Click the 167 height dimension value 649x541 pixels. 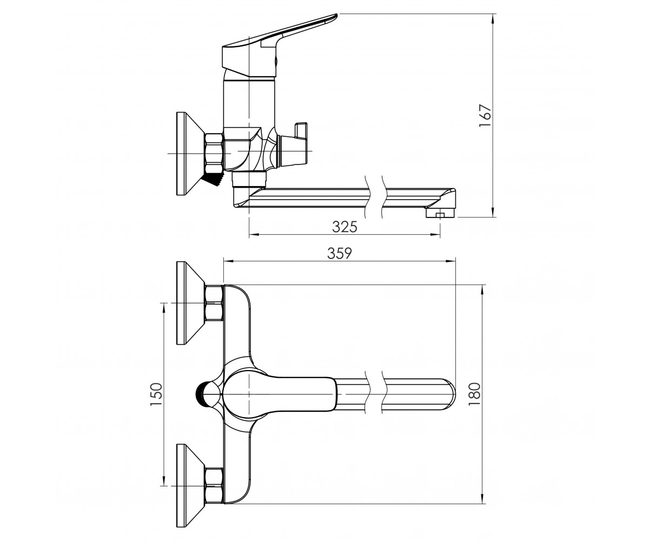tap(485, 115)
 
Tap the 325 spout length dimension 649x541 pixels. tap(345, 227)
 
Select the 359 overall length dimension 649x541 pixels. tap(340, 253)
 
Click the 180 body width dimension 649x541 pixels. tap(475, 394)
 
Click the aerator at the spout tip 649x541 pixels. tap(440, 213)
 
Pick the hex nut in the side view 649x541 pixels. tap(214, 152)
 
